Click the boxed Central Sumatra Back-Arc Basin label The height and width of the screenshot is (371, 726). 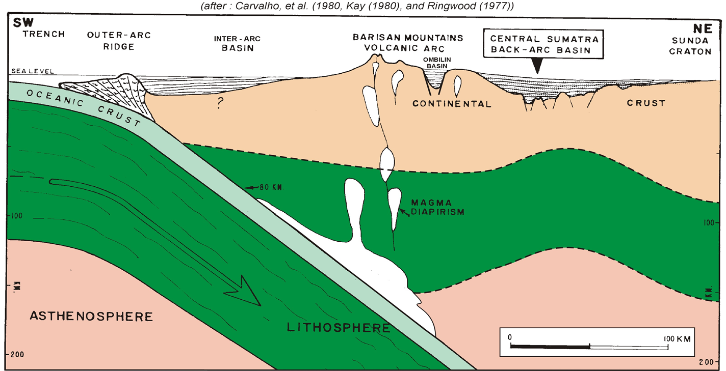point(543,44)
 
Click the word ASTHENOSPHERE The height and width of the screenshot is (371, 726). point(91,316)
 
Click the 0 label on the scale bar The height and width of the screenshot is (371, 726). point(510,337)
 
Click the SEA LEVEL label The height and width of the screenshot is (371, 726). point(33,72)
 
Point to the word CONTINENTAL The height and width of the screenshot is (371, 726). point(452,104)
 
